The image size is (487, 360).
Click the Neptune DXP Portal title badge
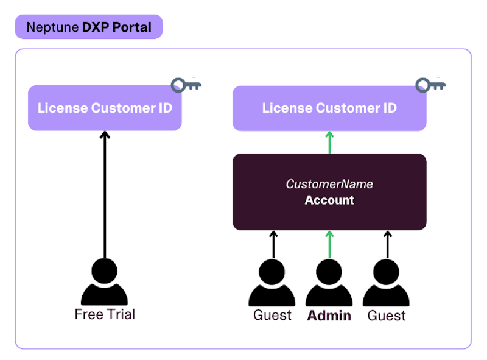(89, 27)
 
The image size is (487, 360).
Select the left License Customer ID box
(105, 108)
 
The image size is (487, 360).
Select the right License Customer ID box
(329, 108)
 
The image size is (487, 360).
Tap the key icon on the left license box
(186, 85)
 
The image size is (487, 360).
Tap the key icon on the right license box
(430, 85)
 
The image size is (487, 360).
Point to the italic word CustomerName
(329, 184)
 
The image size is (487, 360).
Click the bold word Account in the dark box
(329, 200)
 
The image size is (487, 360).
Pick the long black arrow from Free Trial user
(105, 195)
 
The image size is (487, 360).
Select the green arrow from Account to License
(329, 142)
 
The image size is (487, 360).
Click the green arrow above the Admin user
(329, 244)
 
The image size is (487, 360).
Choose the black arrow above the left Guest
(273, 244)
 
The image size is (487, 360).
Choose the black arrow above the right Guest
(387, 244)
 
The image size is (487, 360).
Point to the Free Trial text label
(105, 314)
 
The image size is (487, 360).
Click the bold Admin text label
(329, 316)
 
